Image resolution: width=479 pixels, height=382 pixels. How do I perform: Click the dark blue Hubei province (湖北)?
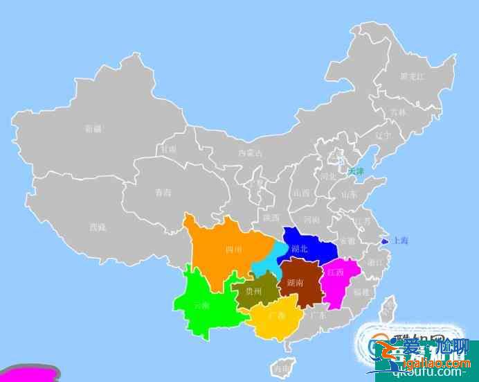(307, 246)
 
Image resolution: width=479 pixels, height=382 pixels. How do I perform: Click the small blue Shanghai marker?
(384, 241)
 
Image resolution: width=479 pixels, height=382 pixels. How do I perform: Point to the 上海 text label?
(401, 241)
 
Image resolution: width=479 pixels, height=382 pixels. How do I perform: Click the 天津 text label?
(356, 171)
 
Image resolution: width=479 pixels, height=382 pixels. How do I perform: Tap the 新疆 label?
(93, 128)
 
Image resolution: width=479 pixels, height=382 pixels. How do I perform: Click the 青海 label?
(163, 192)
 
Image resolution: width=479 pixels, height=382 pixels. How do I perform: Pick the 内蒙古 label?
(250, 153)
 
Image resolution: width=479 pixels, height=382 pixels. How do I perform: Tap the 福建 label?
(361, 293)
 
